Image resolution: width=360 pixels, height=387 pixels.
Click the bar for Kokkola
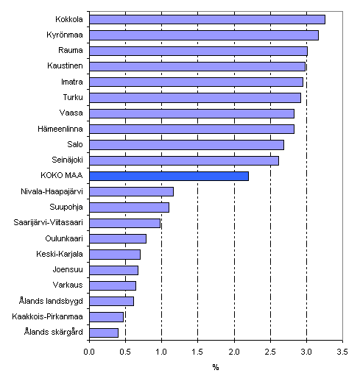(x=207, y=19)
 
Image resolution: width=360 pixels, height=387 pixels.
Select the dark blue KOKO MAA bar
(x=169, y=176)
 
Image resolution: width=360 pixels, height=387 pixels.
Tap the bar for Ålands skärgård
(x=104, y=333)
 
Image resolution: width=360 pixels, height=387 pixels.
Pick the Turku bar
(x=195, y=97)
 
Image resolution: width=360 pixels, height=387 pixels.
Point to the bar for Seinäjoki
(x=184, y=160)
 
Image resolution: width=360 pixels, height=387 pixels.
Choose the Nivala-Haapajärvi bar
(x=131, y=191)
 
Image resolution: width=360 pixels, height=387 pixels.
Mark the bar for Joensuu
(x=113, y=270)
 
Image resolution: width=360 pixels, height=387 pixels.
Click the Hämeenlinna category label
(x=60, y=129)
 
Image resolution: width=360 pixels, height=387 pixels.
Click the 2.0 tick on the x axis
(x=234, y=352)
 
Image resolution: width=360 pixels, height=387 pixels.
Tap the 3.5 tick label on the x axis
(x=342, y=352)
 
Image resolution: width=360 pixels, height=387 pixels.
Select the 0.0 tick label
(x=89, y=352)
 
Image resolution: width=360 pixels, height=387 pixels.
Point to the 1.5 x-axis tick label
(x=197, y=352)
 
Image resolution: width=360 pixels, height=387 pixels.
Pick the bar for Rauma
(x=198, y=51)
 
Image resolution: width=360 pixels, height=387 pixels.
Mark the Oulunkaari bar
(x=118, y=238)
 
